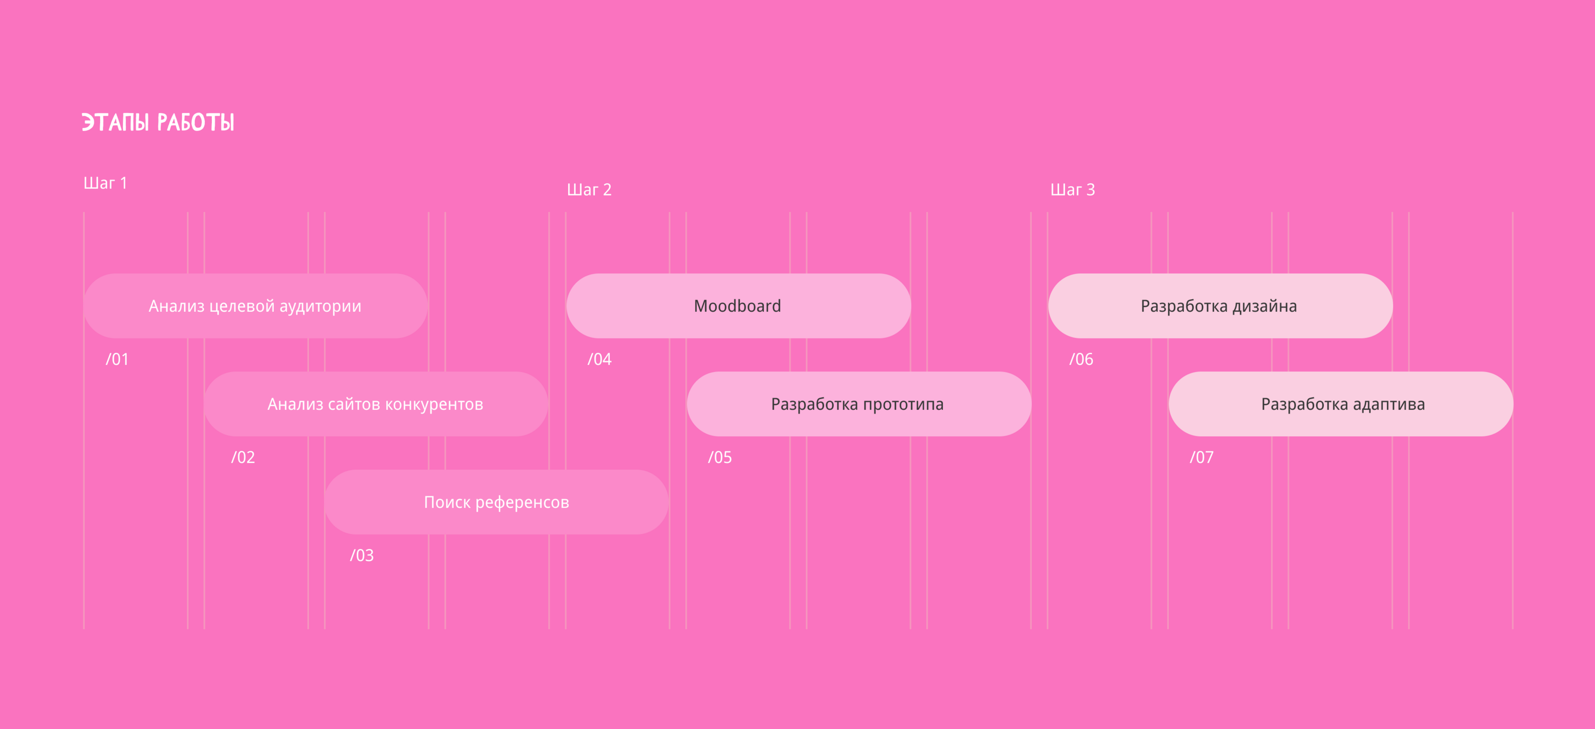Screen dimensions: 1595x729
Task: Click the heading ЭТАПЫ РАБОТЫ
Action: pos(158,122)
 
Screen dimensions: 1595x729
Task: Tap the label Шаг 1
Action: pos(105,183)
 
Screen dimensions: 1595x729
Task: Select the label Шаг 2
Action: pos(589,189)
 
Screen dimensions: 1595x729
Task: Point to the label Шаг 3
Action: pos(1073,189)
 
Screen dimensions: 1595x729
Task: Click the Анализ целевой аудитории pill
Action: pos(255,306)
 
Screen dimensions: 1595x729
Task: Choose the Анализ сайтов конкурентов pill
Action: pos(376,404)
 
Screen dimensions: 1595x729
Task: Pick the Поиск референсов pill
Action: pos(496,502)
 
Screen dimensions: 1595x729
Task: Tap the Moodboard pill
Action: pos(738,306)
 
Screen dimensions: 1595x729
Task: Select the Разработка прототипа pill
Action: pos(859,404)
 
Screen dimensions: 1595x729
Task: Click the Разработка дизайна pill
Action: pos(1220,306)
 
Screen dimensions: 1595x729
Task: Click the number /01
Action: pos(117,359)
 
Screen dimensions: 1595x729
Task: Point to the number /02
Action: pos(243,457)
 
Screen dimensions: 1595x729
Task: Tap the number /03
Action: pos(361,555)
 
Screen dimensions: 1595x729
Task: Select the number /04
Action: pos(599,359)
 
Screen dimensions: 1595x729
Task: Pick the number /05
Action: pos(719,457)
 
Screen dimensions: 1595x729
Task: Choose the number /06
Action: pos(1081,359)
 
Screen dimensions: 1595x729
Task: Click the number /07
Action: pos(1201,457)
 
